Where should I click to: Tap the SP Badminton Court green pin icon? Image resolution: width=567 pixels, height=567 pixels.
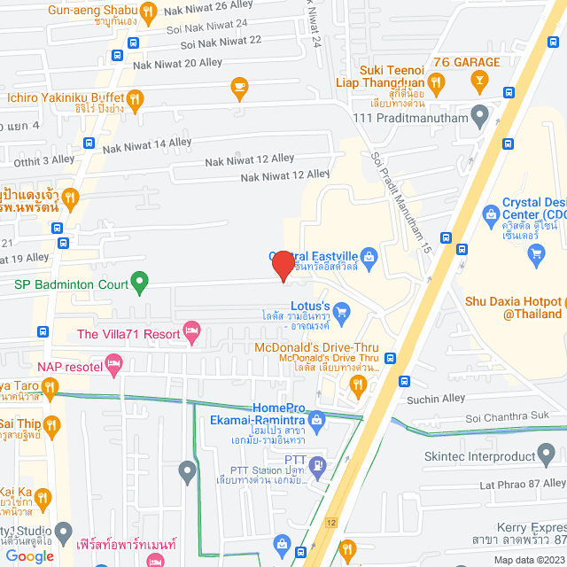(139, 283)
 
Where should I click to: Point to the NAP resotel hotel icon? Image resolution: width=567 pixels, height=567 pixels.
(113, 362)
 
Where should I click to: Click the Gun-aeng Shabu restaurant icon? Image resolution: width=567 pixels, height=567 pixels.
(149, 12)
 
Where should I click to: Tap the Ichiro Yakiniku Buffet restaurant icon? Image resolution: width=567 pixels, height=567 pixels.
(136, 99)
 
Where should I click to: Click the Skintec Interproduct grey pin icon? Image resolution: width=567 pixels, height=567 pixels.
(549, 456)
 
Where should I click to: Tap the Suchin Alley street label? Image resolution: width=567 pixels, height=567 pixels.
(434, 399)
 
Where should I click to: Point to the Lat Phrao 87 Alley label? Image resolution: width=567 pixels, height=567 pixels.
(522, 484)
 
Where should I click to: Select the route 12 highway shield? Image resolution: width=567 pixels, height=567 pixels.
(330, 523)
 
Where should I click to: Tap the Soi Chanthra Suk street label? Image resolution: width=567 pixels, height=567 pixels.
(507, 417)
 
